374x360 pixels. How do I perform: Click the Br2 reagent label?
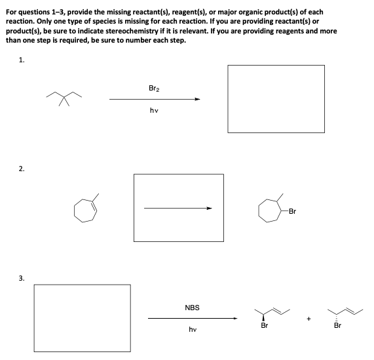153,87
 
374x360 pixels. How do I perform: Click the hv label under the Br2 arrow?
153,111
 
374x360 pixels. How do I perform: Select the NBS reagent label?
192,307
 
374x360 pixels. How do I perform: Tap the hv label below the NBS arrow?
192,330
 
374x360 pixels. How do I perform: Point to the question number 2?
22,169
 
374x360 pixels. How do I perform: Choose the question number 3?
22,278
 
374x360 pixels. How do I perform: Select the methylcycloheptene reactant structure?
86,209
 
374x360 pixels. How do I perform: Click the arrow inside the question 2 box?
178,209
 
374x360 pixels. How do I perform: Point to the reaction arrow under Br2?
155,100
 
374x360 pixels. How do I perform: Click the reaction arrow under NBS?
192,319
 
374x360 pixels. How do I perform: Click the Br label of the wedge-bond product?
265,325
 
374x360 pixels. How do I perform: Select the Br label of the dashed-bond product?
338,325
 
